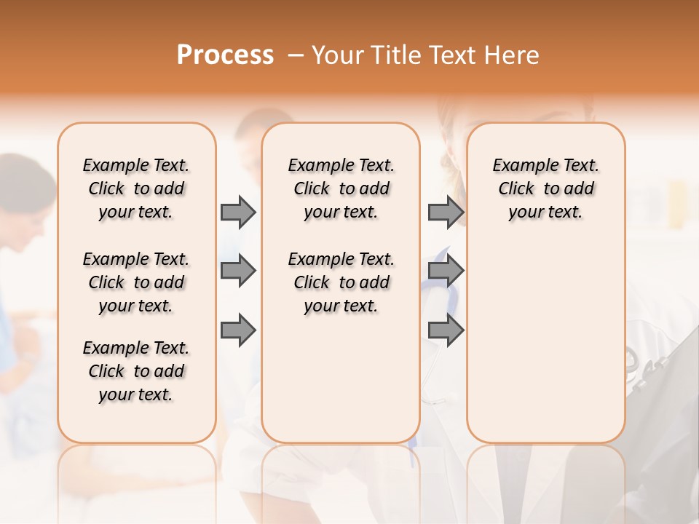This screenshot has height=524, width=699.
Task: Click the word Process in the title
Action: coord(225,55)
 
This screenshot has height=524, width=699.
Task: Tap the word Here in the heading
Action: coord(513,55)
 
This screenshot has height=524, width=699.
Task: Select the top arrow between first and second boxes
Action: coord(238,212)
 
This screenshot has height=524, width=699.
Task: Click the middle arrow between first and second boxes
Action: coord(238,271)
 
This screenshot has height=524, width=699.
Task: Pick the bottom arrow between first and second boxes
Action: coord(238,330)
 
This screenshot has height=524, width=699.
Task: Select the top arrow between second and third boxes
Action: coord(445,212)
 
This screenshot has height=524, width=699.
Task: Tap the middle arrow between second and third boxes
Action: coord(445,271)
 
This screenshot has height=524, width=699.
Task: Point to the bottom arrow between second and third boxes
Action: coord(445,330)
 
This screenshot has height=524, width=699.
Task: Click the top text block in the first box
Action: coord(136,188)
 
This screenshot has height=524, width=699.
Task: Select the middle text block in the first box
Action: coord(136,282)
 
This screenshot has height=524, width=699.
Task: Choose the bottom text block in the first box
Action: coord(136,371)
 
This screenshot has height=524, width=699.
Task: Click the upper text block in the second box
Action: coord(341,188)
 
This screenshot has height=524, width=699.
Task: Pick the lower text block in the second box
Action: coord(341,282)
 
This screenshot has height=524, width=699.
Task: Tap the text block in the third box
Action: coord(546,188)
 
